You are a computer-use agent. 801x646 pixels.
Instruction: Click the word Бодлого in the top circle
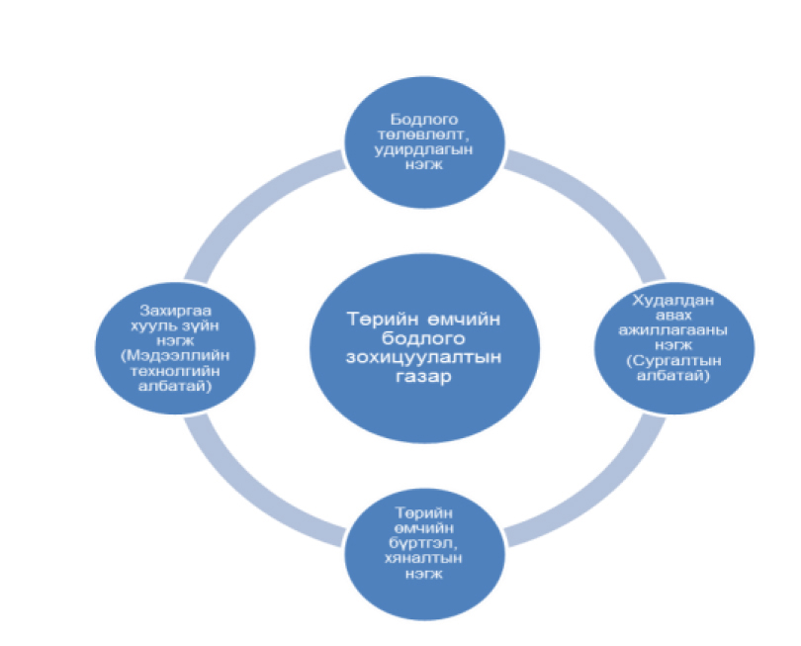424,120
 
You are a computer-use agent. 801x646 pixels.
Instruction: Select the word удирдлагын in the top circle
423,150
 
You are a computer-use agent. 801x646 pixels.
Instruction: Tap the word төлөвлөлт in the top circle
422,135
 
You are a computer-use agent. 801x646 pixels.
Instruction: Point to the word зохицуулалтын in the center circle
423,357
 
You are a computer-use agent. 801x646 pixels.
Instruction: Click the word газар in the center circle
423,377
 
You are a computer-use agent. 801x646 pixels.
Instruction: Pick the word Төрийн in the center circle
382,319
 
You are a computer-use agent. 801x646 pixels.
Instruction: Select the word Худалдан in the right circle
672,300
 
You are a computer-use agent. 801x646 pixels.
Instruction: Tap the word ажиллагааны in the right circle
672,330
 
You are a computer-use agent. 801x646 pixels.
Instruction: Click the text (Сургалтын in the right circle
673,361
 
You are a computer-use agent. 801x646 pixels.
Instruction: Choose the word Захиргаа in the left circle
175,311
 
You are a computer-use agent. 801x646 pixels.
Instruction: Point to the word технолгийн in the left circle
175,371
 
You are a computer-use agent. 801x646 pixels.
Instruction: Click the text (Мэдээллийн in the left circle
175,356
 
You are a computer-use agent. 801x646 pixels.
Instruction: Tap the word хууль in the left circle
153,325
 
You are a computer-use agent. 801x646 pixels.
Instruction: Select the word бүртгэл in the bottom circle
423,543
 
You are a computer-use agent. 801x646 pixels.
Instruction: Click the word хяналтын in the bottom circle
423,558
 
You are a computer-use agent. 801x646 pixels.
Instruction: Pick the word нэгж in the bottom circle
423,574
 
